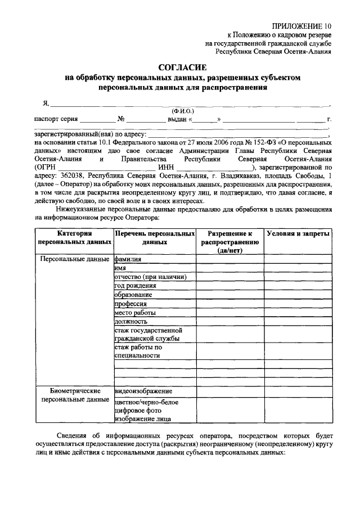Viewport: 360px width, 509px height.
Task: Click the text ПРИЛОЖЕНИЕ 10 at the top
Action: [302, 25]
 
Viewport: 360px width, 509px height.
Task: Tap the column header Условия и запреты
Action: [298, 233]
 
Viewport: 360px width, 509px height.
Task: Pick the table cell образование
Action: [133, 295]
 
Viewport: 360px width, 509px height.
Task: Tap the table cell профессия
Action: [130, 304]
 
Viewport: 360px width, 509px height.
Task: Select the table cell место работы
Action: [135, 313]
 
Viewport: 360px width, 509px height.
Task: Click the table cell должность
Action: [130, 321]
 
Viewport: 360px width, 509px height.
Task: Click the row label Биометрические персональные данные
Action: [75, 395]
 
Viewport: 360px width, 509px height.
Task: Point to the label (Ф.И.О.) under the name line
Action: [183, 111]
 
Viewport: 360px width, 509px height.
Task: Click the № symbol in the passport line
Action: [121, 119]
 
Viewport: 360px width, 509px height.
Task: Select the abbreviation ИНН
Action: [166, 167]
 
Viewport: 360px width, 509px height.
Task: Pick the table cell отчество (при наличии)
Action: [150, 277]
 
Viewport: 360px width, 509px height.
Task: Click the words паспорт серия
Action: [55, 119]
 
